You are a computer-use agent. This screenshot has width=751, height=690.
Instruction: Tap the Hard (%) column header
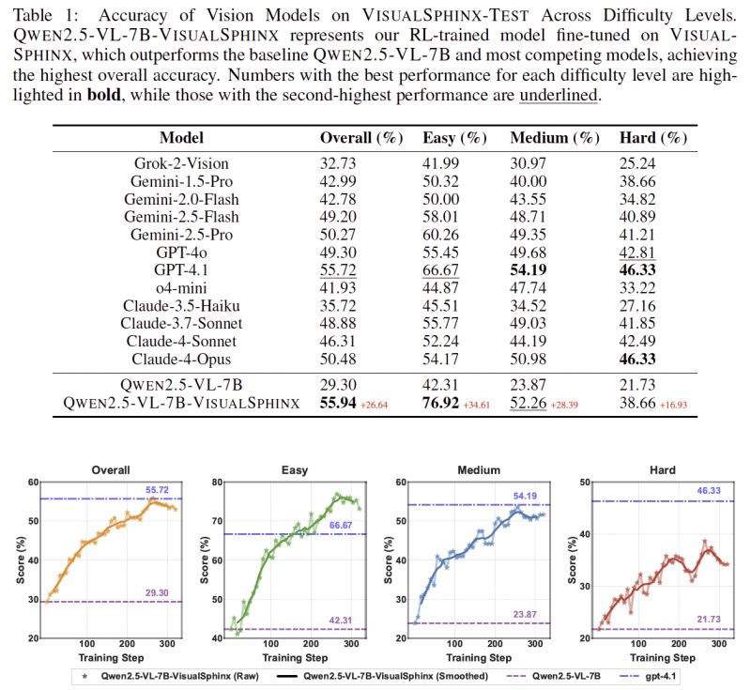(653, 138)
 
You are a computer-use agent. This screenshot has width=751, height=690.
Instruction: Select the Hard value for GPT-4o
(638, 253)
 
